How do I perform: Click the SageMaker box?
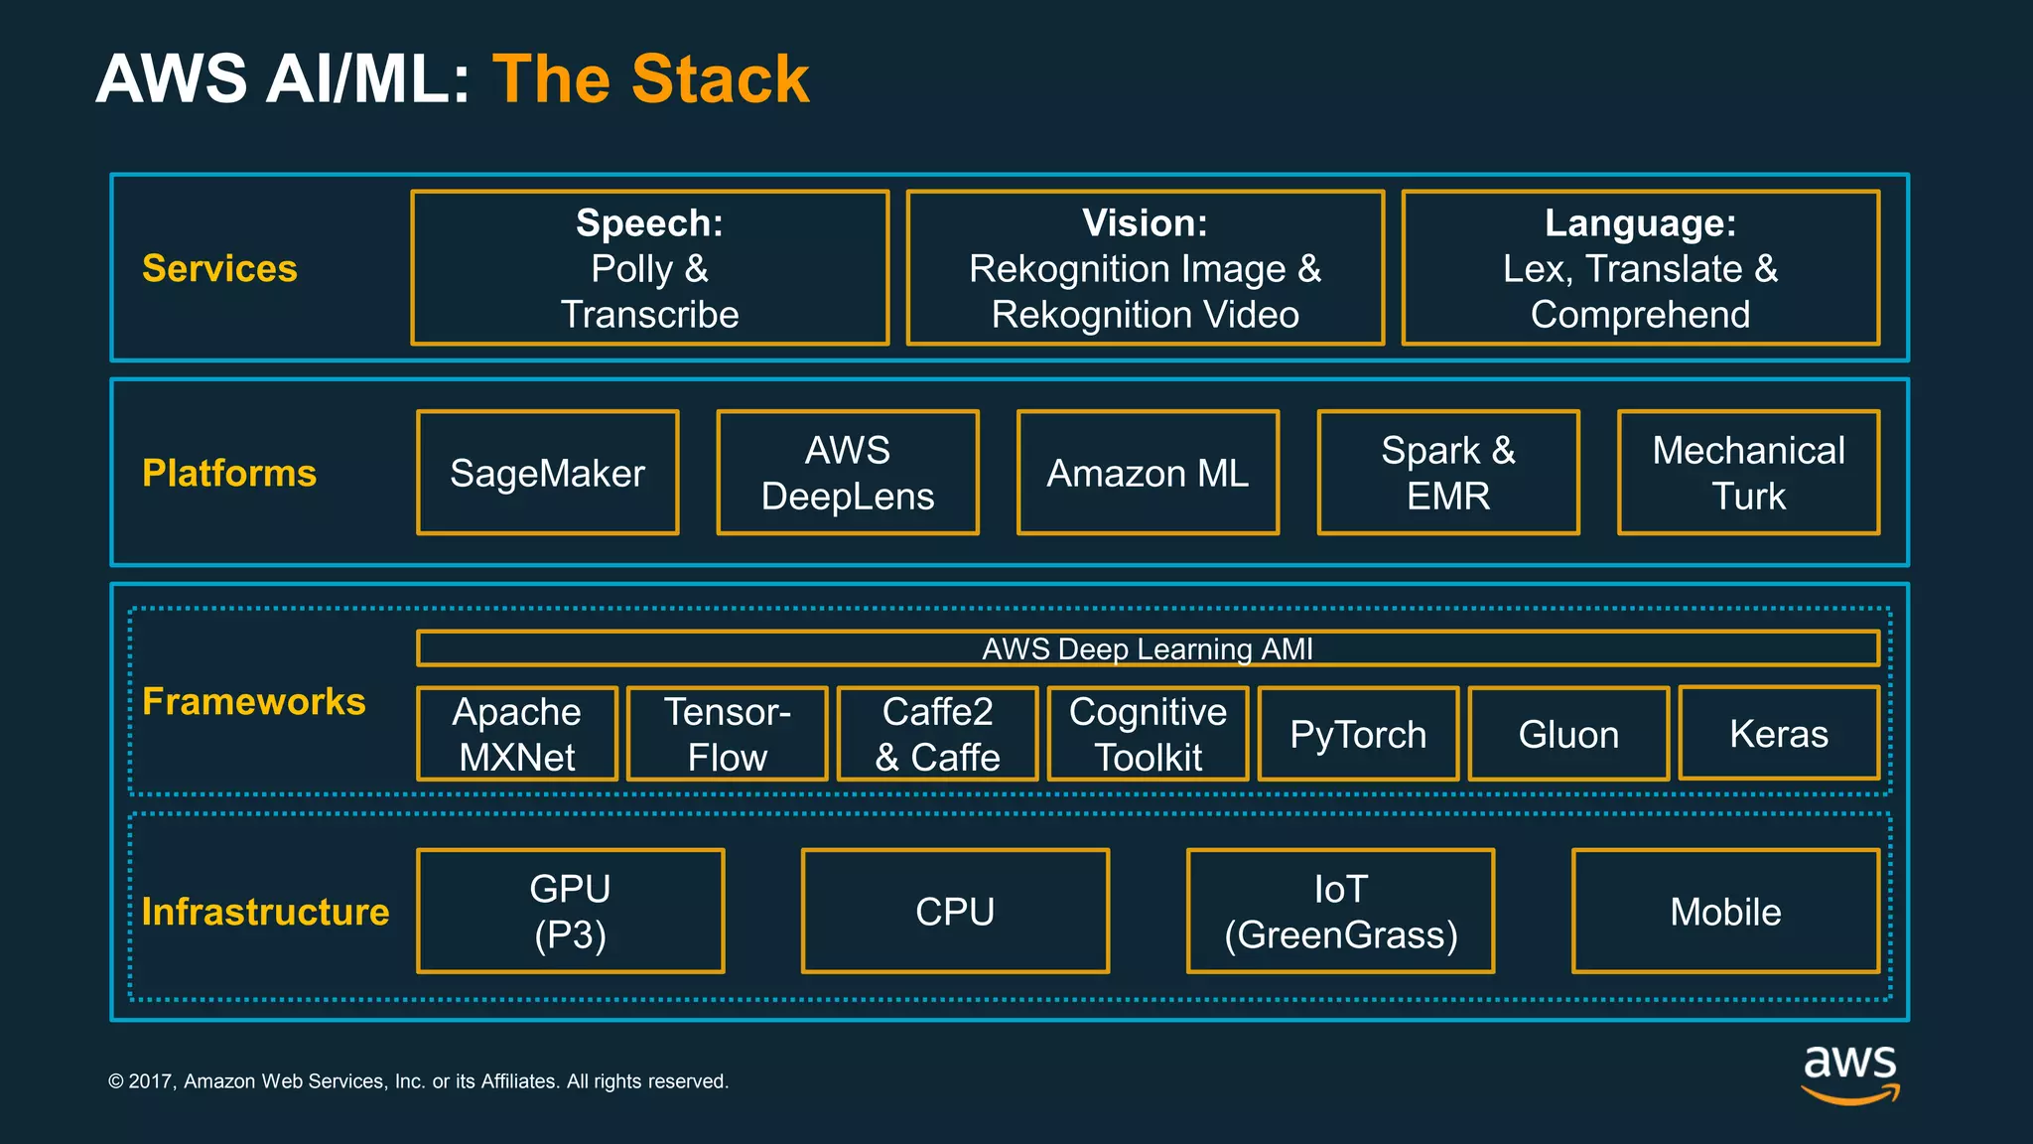(x=547, y=473)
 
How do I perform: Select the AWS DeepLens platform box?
(x=847, y=473)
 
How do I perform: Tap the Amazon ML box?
(x=1148, y=473)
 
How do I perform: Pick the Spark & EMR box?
(x=1447, y=473)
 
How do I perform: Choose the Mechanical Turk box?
(x=1748, y=473)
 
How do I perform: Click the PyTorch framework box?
(x=1358, y=734)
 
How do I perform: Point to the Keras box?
(x=1779, y=733)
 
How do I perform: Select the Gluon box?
(x=1568, y=734)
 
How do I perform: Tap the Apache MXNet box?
(x=516, y=734)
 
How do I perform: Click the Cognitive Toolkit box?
(x=1148, y=734)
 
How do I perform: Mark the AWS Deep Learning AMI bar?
(x=1148, y=648)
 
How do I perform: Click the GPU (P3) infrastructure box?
(x=570, y=911)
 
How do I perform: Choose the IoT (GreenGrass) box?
(x=1340, y=911)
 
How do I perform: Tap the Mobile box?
(x=1725, y=911)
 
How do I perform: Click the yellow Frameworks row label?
(x=254, y=701)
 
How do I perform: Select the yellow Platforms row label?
(x=229, y=473)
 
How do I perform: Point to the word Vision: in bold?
(x=1145, y=222)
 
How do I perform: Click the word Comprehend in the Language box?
(x=1640, y=314)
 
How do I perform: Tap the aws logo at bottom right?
(x=1849, y=1072)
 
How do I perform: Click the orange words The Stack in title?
(x=650, y=78)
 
